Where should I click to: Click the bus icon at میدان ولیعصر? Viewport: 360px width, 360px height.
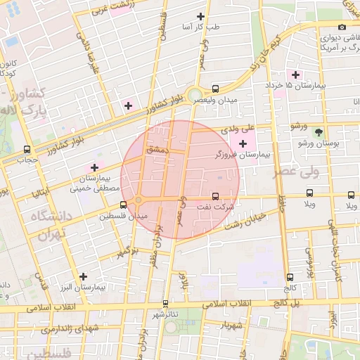(x=215, y=89)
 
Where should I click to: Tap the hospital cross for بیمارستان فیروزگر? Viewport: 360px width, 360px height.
(x=243, y=143)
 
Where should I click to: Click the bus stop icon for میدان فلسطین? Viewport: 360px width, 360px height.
(x=124, y=205)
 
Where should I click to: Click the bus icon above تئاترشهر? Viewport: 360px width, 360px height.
(x=166, y=304)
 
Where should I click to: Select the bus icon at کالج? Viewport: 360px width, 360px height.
(x=290, y=277)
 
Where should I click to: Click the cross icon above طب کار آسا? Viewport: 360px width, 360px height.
(x=201, y=16)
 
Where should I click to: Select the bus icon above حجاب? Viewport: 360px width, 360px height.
(x=27, y=149)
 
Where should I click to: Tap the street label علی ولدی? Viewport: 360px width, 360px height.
(x=255, y=129)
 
